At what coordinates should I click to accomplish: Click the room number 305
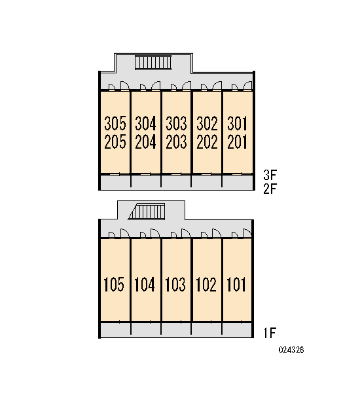(115, 123)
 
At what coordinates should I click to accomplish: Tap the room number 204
(145, 142)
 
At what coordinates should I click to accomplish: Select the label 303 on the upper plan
(176, 123)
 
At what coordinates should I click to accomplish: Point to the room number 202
(207, 142)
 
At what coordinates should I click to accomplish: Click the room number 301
(237, 123)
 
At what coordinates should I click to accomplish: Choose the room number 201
(237, 142)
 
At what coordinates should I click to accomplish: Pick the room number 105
(114, 284)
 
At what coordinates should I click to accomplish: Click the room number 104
(145, 284)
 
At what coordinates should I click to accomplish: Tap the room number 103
(175, 284)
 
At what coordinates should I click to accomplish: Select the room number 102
(206, 284)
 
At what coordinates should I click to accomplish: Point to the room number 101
(236, 284)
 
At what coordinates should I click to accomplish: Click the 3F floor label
(270, 175)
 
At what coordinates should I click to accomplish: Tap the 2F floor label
(270, 189)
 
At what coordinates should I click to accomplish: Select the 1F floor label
(270, 333)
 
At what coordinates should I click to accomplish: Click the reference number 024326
(291, 350)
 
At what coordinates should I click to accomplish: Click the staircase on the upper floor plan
(153, 62)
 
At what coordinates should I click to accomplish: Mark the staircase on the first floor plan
(147, 212)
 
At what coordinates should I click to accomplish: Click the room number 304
(145, 123)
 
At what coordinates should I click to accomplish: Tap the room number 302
(207, 123)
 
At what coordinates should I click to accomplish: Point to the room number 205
(115, 142)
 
